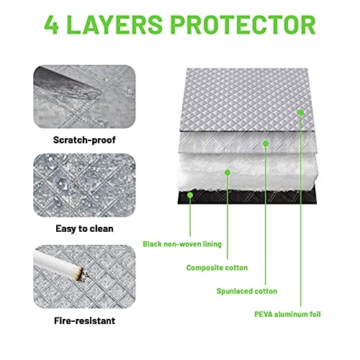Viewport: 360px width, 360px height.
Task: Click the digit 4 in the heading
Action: coord(52,24)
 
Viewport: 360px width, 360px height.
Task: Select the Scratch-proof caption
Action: coord(84,140)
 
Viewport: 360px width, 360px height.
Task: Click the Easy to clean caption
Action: coord(84,229)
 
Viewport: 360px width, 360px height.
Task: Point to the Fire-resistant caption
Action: coord(84,320)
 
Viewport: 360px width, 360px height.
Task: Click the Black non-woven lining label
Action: coord(182,244)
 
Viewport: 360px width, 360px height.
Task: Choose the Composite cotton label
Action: coord(217,268)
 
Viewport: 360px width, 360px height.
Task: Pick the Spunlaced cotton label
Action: coord(247,291)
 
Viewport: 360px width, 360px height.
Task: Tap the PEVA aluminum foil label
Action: coord(287,314)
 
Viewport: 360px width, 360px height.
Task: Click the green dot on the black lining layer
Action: coord(190,195)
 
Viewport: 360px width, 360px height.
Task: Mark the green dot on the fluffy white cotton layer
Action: coord(228,172)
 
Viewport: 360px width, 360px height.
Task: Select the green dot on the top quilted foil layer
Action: coord(301,112)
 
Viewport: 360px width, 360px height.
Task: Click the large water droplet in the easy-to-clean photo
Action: coord(62,182)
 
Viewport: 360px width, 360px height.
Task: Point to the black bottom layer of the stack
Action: coord(247,197)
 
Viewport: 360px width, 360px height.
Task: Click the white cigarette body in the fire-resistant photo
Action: coord(55,264)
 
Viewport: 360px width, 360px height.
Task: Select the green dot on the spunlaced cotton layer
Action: coord(266,143)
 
